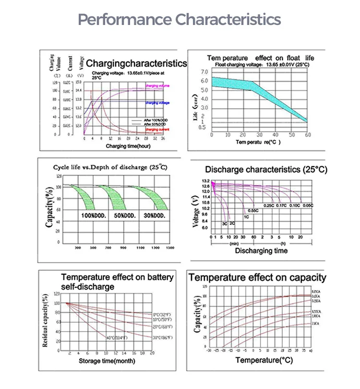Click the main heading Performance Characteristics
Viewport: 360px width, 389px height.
(180, 20)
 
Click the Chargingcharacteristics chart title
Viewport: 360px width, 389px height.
(136, 63)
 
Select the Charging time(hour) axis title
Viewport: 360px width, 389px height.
(125, 146)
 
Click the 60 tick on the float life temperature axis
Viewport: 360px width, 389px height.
(306, 135)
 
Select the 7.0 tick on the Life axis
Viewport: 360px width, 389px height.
(204, 72)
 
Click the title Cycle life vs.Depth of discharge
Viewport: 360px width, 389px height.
(110, 167)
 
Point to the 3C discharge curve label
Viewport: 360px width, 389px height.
(224, 224)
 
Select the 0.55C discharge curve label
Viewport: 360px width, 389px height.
(253, 211)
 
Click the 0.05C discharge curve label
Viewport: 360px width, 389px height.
(307, 206)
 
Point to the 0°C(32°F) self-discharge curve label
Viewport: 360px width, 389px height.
(163, 314)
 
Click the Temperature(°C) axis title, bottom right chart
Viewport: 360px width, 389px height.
(264, 360)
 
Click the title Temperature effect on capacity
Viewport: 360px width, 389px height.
(257, 278)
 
